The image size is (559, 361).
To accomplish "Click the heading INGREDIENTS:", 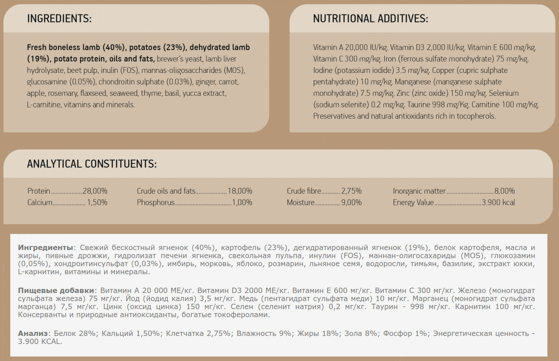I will pos(59,19).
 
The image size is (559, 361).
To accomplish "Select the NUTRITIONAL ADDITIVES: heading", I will pos(370,19).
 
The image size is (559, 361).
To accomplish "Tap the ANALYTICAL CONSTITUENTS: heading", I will pos(92,164).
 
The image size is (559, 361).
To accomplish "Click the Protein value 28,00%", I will pos(95,191).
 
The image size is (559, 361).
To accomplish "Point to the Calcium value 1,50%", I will pos(97,202).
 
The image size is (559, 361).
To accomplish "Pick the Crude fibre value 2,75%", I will pos(351,191).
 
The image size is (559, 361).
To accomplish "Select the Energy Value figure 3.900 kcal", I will pos(498,202).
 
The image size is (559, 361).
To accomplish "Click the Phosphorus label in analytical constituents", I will pos(156,202).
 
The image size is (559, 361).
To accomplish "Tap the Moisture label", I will pos(301,202).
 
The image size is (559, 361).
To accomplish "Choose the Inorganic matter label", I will pos(419,191).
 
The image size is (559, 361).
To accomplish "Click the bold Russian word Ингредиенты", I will pos(45,247).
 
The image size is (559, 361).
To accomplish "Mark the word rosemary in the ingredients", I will pos(63,93).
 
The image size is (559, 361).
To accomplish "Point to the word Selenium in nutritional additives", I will pos(504,93).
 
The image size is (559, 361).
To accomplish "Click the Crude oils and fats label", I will pos(166,191).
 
